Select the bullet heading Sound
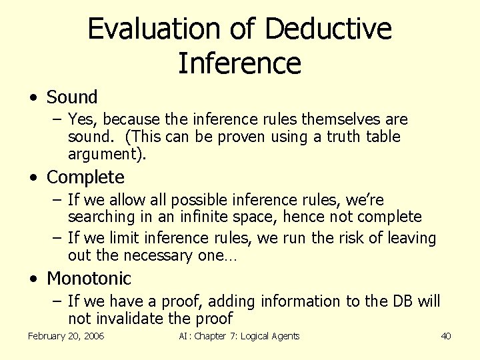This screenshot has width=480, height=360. click(x=72, y=97)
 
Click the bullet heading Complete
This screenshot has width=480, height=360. click(x=85, y=177)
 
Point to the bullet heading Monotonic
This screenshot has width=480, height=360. click(x=89, y=278)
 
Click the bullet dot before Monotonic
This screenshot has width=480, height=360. click(x=33, y=279)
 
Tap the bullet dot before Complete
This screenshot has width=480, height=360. click(x=33, y=178)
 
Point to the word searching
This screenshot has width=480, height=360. click(x=99, y=217)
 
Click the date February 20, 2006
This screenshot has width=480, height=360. click(x=66, y=336)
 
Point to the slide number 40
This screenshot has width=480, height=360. click(x=446, y=336)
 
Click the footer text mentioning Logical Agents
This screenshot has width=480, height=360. click(x=239, y=336)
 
